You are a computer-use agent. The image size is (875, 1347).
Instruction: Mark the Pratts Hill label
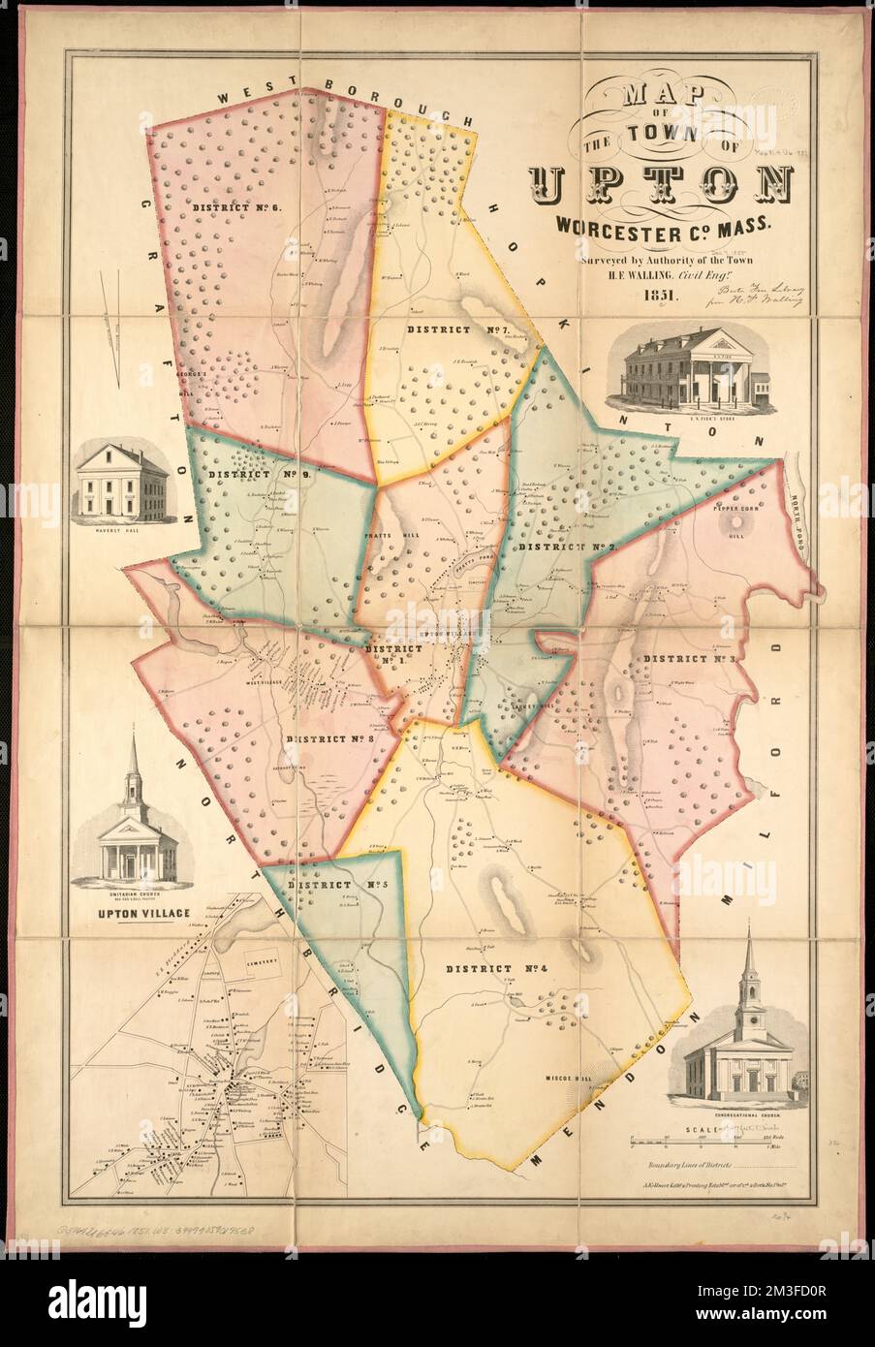pyautogui.click(x=398, y=535)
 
